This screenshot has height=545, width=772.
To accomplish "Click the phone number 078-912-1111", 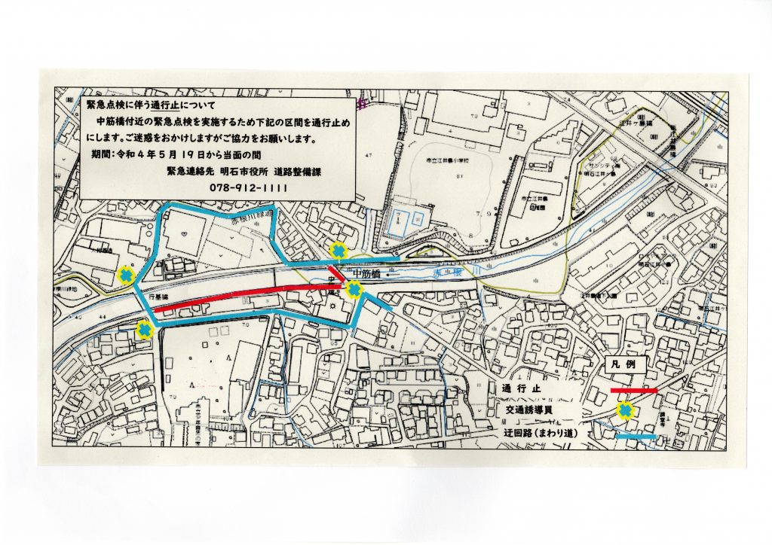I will [x=248, y=188].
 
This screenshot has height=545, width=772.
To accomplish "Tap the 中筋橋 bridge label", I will [x=370, y=275].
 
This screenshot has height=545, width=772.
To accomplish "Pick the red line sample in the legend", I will [x=633, y=390].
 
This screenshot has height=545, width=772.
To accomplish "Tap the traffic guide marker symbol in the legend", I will [x=625, y=411].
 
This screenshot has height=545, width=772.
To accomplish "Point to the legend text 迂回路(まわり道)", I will [x=544, y=435].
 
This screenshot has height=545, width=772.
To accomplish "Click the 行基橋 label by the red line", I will [x=158, y=298].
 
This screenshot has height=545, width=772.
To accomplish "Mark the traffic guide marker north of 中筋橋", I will [x=339, y=250].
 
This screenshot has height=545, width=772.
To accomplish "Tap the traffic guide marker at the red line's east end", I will [x=352, y=288].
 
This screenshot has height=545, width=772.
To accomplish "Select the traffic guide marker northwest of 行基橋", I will [x=127, y=276].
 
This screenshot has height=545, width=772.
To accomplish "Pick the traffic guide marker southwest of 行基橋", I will [x=143, y=329].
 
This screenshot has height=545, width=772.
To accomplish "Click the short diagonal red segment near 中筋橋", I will [x=336, y=275].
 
